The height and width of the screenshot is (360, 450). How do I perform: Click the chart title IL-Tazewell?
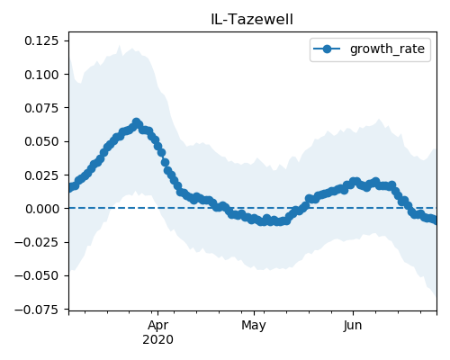coord(252,20)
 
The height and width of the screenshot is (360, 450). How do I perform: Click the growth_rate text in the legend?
coord(387,49)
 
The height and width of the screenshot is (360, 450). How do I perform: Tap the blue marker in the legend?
coord(327,49)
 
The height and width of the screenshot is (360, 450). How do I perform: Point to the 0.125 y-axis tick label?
coord(41,40)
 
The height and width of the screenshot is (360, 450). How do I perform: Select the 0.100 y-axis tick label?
coord(41,75)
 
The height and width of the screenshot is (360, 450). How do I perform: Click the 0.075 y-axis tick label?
coord(41,108)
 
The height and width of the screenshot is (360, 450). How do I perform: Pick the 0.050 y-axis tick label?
coord(41,141)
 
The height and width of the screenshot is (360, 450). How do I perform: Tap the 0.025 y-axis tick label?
coord(41,175)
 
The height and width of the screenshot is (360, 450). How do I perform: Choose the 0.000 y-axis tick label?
coord(41,209)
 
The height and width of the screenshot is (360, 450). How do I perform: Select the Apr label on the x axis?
coord(158,326)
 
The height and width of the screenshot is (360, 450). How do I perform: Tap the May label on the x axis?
coord(254,326)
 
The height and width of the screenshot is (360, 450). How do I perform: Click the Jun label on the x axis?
coord(353,326)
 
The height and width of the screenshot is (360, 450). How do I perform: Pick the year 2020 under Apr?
coord(158,340)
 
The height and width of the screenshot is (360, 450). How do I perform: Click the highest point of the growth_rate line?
coord(137,122)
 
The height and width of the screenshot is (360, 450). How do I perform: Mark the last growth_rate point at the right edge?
coord(435,220)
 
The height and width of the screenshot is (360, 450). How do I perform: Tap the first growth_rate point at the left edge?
coord(70,188)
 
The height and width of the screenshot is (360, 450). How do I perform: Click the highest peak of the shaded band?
coord(120,46)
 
